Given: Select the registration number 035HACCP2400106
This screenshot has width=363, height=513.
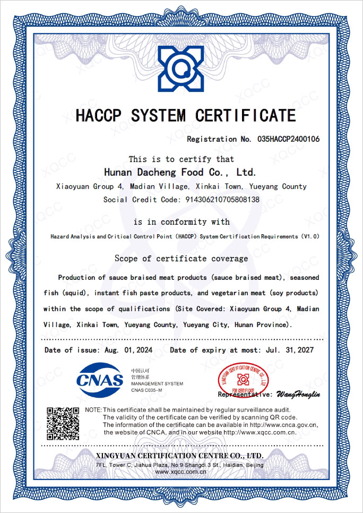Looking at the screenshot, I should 289,139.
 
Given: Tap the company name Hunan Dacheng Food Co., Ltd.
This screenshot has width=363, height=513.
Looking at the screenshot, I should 180,172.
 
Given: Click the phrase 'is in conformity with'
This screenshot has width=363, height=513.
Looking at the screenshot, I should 181,222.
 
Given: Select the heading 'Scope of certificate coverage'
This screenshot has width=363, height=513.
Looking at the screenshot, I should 181,259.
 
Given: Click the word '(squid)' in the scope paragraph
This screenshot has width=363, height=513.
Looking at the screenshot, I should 76,293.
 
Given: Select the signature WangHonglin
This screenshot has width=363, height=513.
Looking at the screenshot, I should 298,395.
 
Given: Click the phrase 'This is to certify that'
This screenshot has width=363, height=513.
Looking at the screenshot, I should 181,159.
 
